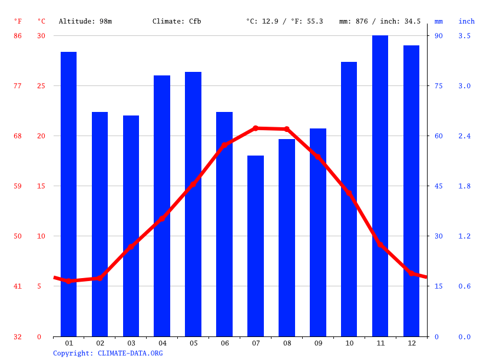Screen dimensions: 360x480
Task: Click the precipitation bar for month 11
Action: pyautogui.click(x=380, y=186)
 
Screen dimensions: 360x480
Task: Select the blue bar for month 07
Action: pyautogui.click(x=256, y=246)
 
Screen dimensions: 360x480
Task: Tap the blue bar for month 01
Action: pyautogui.click(x=68, y=194)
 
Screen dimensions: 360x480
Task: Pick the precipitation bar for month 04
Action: pyautogui.click(x=162, y=206)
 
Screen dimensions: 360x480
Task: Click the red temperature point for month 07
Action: pyautogui.click(x=256, y=128)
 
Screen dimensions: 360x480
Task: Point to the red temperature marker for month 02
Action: pyautogui.click(x=100, y=278)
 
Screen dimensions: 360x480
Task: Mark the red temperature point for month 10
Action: pyautogui.click(x=349, y=193)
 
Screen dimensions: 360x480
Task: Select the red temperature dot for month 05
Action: pyautogui.click(x=193, y=184)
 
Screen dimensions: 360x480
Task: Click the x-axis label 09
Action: pyautogui.click(x=318, y=343)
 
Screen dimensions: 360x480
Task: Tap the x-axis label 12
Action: pyautogui.click(x=411, y=343)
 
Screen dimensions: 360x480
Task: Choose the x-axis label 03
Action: pyautogui.click(x=131, y=343)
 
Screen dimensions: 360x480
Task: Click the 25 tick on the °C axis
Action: pyautogui.click(x=41, y=86)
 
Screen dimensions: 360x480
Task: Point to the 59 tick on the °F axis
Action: pyautogui.click(x=18, y=186)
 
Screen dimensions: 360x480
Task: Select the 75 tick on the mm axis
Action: pyautogui.click(x=439, y=86)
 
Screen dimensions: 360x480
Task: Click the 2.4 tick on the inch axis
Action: pyautogui.click(x=465, y=136)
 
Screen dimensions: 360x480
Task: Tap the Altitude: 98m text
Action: pyautogui.click(x=85, y=21)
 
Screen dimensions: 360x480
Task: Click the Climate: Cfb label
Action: pyautogui.click(x=177, y=21)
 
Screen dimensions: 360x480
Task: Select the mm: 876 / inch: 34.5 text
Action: pyautogui.click(x=380, y=21)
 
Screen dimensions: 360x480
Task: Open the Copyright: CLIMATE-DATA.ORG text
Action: pyautogui.click(x=108, y=353)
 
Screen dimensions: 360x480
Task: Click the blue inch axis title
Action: pyautogui.click(x=466, y=21)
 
